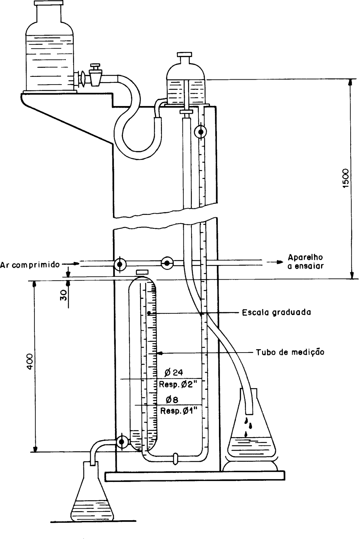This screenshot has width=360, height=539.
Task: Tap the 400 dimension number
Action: point(30,361)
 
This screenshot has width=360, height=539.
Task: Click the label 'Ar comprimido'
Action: point(30,265)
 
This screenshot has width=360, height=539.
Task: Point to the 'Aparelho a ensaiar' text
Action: point(305,262)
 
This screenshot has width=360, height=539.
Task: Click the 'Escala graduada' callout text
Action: point(276,312)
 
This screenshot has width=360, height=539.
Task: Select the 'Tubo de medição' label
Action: point(290,352)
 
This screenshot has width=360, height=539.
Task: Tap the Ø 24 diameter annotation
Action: point(174,372)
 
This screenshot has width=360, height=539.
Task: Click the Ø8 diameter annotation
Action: point(172,400)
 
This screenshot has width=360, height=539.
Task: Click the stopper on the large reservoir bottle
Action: point(49,3)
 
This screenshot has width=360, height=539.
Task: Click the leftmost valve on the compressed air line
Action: point(120,264)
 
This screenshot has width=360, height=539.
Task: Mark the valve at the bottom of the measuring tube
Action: point(122,442)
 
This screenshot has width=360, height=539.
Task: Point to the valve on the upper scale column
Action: point(200,132)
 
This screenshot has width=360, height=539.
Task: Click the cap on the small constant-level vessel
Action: point(185,54)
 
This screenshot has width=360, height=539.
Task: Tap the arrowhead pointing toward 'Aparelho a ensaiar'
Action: point(280,262)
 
